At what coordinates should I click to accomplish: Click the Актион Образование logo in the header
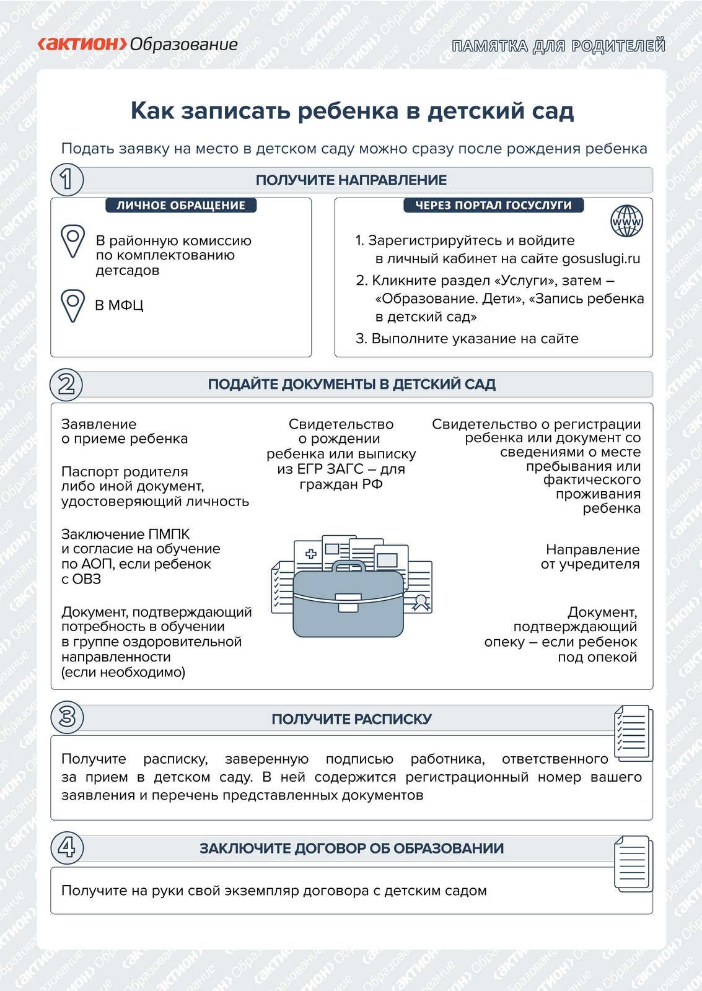click(138, 45)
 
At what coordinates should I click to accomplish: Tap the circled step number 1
click(66, 180)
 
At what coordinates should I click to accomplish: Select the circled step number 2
click(66, 384)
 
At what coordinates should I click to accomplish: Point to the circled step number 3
click(66, 717)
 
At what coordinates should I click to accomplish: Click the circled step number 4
click(66, 847)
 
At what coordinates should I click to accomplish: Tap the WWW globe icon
click(626, 221)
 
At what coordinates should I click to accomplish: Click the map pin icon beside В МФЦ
click(72, 305)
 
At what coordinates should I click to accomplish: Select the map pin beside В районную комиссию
click(72, 240)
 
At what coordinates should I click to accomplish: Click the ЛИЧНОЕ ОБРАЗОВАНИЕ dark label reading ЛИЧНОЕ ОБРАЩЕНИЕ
click(181, 206)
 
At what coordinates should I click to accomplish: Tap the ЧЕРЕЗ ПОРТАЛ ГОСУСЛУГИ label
click(493, 206)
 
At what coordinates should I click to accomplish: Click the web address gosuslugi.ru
click(601, 259)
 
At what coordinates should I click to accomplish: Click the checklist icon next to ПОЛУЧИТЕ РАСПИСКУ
click(633, 732)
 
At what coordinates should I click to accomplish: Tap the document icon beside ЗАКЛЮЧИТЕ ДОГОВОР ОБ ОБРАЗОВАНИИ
click(633, 862)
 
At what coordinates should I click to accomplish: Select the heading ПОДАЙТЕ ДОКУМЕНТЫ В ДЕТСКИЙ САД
click(351, 384)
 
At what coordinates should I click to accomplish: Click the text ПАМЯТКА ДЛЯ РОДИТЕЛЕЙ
click(558, 46)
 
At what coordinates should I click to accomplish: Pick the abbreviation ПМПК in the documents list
click(169, 534)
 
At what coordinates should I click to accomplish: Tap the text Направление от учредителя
click(590, 557)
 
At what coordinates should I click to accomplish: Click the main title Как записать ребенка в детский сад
click(352, 111)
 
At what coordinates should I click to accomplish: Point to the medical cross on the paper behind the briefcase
click(311, 554)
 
